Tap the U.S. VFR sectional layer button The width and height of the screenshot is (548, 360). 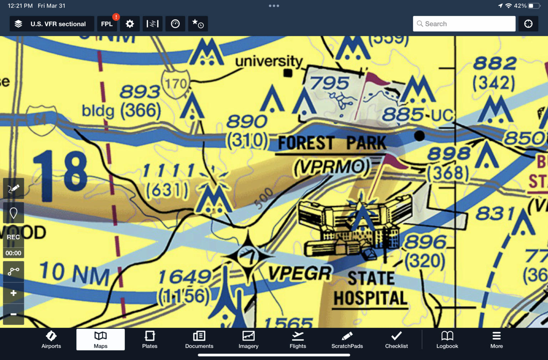pyautogui.click(x=52, y=24)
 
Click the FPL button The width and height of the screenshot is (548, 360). pyautogui.click(x=107, y=24)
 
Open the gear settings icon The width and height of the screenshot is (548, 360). pyautogui.click(x=130, y=24)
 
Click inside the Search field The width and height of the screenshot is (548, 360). pyautogui.click(x=464, y=24)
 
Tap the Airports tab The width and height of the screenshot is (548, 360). pyautogui.click(x=51, y=339)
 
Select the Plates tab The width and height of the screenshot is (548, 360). pyautogui.click(x=149, y=339)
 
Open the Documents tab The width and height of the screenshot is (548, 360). pyautogui.click(x=199, y=339)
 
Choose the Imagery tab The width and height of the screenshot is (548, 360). pyautogui.click(x=248, y=339)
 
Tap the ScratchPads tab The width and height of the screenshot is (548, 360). pyautogui.click(x=347, y=339)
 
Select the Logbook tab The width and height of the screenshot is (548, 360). pyautogui.click(x=447, y=339)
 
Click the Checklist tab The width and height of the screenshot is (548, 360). pyautogui.click(x=396, y=339)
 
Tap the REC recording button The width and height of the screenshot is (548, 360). pyautogui.click(x=14, y=237)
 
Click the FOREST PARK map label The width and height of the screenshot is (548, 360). pyautogui.click(x=332, y=143)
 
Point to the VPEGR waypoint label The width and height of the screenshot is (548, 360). pyautogui.click(x=300, y=274)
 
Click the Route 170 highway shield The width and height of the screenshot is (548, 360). pyautogui.click(x=176, y=83)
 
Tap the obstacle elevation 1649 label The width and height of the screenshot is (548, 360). pyautogui.click(x=185, y=277)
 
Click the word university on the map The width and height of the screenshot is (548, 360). pyautogui.click(x=269, y=61)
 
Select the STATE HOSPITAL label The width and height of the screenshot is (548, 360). pyautogui.click(x=371, y=289)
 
